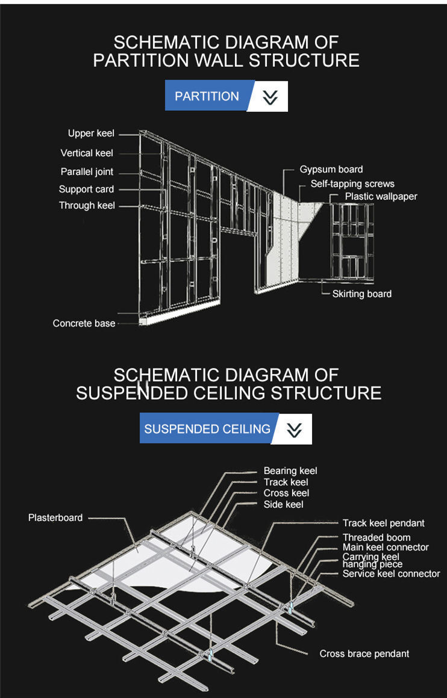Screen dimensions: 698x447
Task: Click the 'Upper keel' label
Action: click(91, 133)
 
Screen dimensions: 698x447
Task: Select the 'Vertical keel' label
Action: click(87, 153)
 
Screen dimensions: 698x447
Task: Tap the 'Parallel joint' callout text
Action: click(87, 171)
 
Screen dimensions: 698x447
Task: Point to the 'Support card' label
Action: click(86, 189)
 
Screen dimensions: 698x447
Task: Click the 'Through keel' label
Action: click(87, 205)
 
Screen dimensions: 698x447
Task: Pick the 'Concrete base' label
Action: click(84, 323)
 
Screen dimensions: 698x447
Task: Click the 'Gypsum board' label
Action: click(331, 169)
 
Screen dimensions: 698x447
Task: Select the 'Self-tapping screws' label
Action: click(352, 184)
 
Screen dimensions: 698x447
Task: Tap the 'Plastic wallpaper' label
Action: click(381, 196)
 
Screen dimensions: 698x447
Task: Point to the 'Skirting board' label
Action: click(361, 294)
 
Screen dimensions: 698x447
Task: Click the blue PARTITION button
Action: click(206, 96)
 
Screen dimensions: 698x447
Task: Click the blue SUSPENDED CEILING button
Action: click(207, 428)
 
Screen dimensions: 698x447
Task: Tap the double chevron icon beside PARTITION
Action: click(270, 97)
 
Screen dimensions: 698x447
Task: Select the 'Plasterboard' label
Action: click(55, 517)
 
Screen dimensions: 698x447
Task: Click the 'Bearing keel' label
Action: click(290, 471)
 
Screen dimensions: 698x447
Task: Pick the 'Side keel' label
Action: click(283, 504)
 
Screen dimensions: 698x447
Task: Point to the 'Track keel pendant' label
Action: click(384, 523)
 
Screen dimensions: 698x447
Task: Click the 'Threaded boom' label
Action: click(377, 537)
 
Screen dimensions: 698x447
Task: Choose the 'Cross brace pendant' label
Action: click(364, 653)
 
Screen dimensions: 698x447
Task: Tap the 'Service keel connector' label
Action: click(391, 573)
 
